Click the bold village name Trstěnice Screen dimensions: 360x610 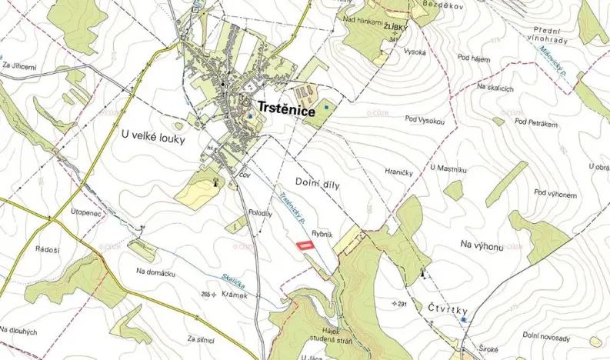(286, 112)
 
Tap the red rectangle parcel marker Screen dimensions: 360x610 (306, 245)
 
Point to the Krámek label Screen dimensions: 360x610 (233, 295)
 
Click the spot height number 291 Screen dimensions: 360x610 (400, 303)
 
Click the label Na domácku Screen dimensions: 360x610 (156, 272)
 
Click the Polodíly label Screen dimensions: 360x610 (260, 215)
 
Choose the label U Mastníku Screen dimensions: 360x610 (450, 166)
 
